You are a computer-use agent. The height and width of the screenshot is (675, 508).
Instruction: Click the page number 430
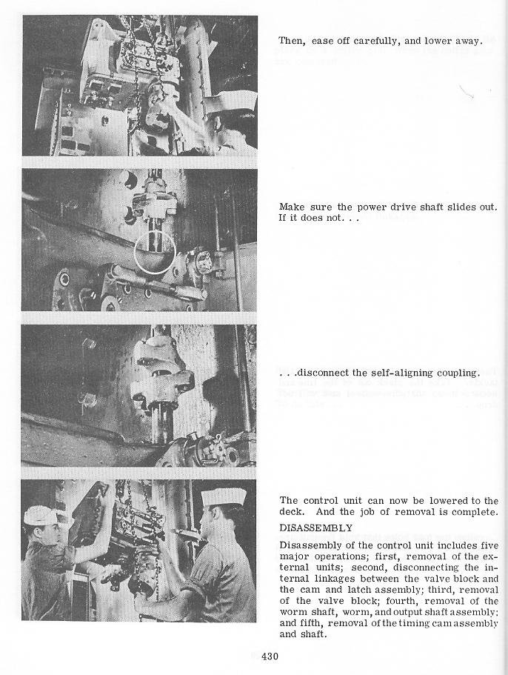270,656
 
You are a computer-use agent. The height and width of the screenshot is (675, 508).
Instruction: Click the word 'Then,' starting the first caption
292,41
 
